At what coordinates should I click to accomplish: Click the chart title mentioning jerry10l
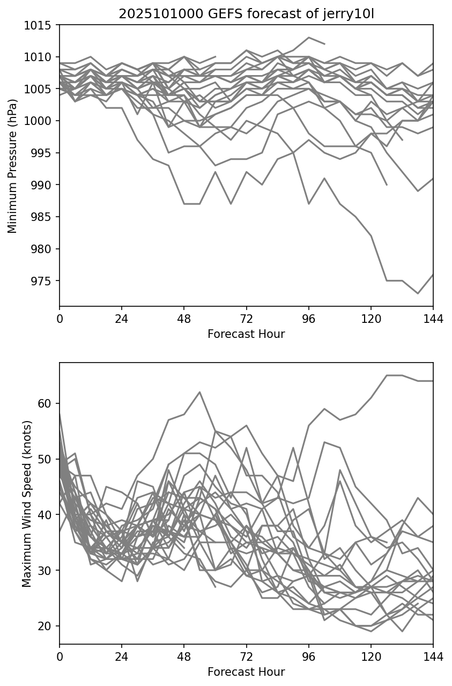(246, 14)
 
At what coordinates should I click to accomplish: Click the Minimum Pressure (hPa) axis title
(12, 165)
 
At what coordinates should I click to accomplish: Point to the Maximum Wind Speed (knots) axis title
(26, 503)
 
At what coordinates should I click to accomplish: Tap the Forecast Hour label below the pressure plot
(246, 334)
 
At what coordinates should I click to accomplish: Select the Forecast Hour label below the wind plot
(246, 672)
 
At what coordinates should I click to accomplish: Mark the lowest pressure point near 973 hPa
(418, 293)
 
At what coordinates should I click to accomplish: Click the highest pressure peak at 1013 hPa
(308, 38)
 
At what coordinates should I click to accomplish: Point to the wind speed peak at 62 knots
(199, 392)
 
